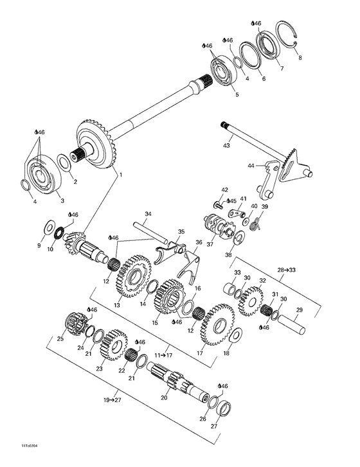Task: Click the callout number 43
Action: click(x=226, y=146)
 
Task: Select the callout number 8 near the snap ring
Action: click(x=297, y=57)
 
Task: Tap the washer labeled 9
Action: click(x=50, y=226)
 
